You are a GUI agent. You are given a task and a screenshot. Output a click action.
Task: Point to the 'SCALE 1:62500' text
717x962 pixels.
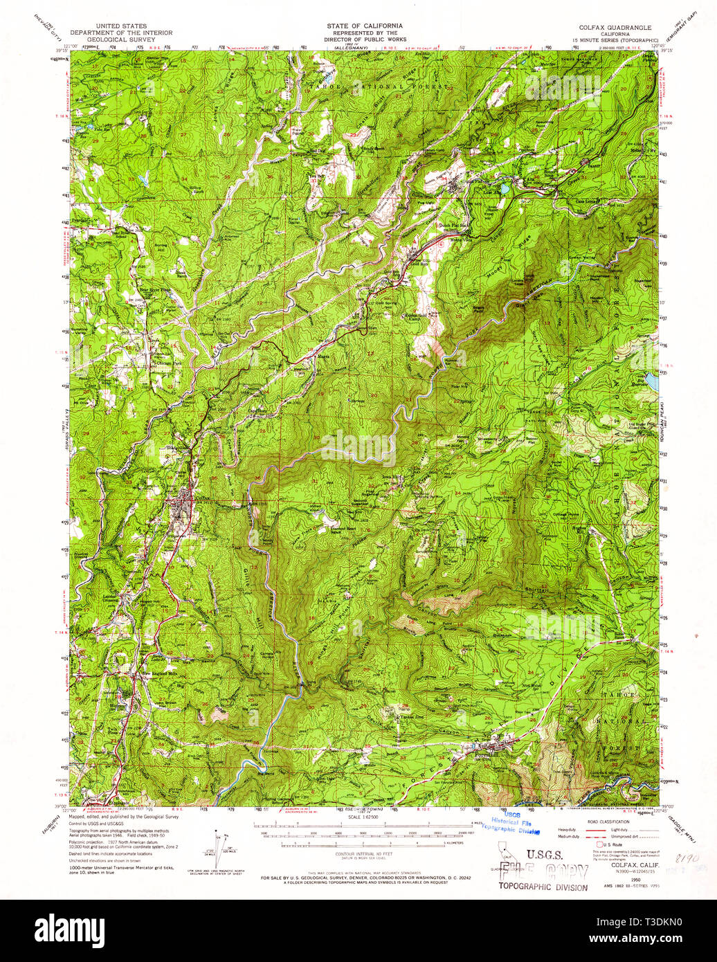click(x=359, y=817)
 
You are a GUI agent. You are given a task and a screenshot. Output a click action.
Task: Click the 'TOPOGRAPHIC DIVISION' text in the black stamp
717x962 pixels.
click(x=543, y=887)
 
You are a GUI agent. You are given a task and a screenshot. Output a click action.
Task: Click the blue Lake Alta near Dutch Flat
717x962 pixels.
click(x=506, y=188)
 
